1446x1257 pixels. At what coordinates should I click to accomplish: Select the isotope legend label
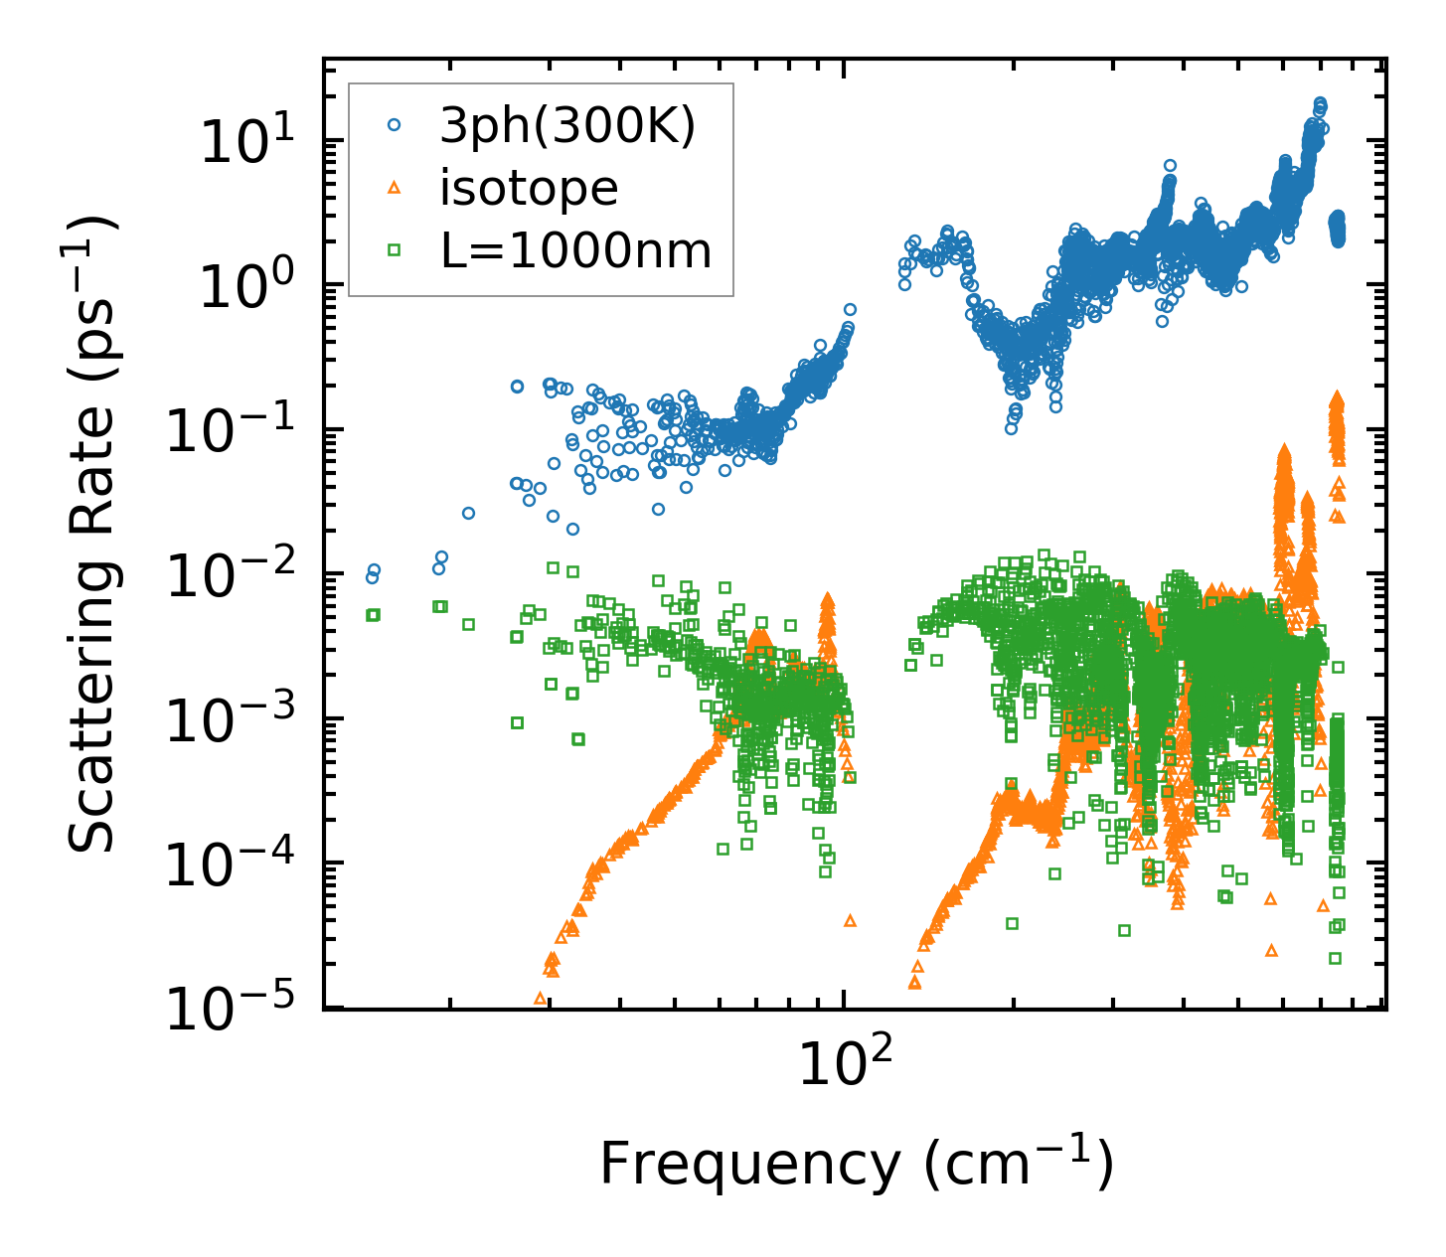pyautogui.click(x=529, y=188)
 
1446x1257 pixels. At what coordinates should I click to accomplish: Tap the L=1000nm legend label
pyautogui.click(x=576, y=250)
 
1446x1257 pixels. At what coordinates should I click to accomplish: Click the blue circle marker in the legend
pyautogui.click(x=395, y=125)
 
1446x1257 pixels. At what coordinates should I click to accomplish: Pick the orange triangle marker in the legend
pyautogui.click(x=395, y=187)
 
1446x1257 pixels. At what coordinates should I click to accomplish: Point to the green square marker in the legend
pyautogui.click(x=395, y=250)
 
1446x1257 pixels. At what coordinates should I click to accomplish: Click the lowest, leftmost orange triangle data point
pyautogui.click(x=540, y=997)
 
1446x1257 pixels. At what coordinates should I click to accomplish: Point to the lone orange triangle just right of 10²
pyautogui.click(x=850, y=920)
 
